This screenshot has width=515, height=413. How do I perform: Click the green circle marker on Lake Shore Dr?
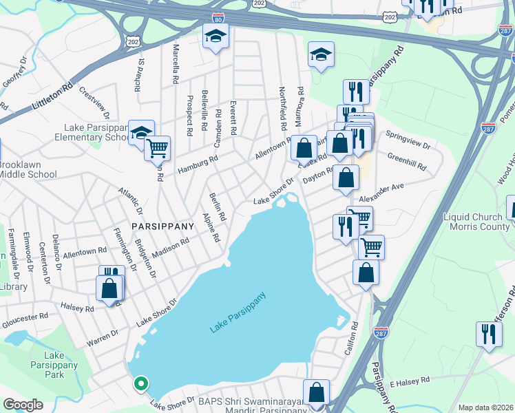[140, 383]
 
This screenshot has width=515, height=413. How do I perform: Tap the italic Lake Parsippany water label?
[238, 314]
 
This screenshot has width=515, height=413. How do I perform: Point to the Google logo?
[23, 405]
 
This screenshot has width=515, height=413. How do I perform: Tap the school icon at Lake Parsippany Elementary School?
[141, 131]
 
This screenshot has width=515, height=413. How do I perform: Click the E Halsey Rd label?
[410, 379]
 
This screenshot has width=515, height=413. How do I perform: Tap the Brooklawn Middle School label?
[28, 170]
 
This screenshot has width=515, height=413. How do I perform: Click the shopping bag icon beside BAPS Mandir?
[316, 394]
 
